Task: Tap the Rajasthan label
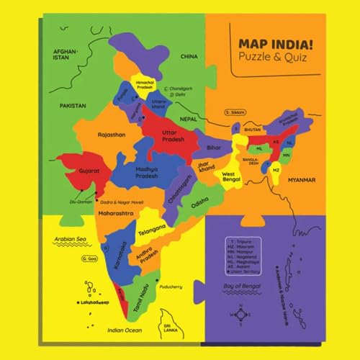coord(112,134)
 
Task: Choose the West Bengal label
coord(230,176)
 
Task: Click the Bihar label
coord(214,148)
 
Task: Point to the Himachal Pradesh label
coord(146,86)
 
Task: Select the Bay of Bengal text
coord(241,289)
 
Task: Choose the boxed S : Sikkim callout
coord(235,113)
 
